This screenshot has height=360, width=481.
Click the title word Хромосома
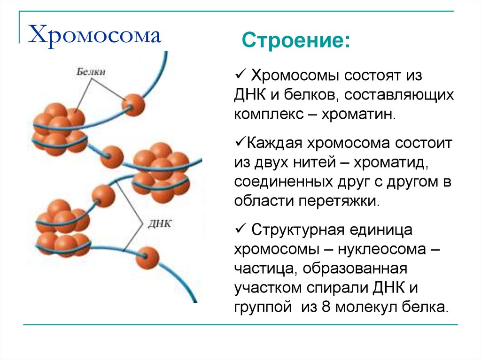pyautogui.click(x=94, y=35)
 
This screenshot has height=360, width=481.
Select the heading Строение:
pyautogui.click(x=296, y=40)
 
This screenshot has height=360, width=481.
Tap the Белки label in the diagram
pyautogui.click(x=91, y=71)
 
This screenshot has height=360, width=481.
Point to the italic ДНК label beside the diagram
pyautogui.click(x=160, y=223)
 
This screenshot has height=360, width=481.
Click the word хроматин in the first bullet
pyautogui.click(x=358, y=115)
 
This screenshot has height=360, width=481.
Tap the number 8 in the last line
pyautogui.click(x=326, y=306)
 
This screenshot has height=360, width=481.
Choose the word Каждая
pyautogui.click(x=274, y=144)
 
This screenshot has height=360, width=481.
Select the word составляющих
pyautogui.click(x=399, y=95)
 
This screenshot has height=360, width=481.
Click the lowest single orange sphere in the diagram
pyautogui.click(x=147, y=258)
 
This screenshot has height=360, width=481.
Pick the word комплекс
pyautogui.click(x=269, y=115)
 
